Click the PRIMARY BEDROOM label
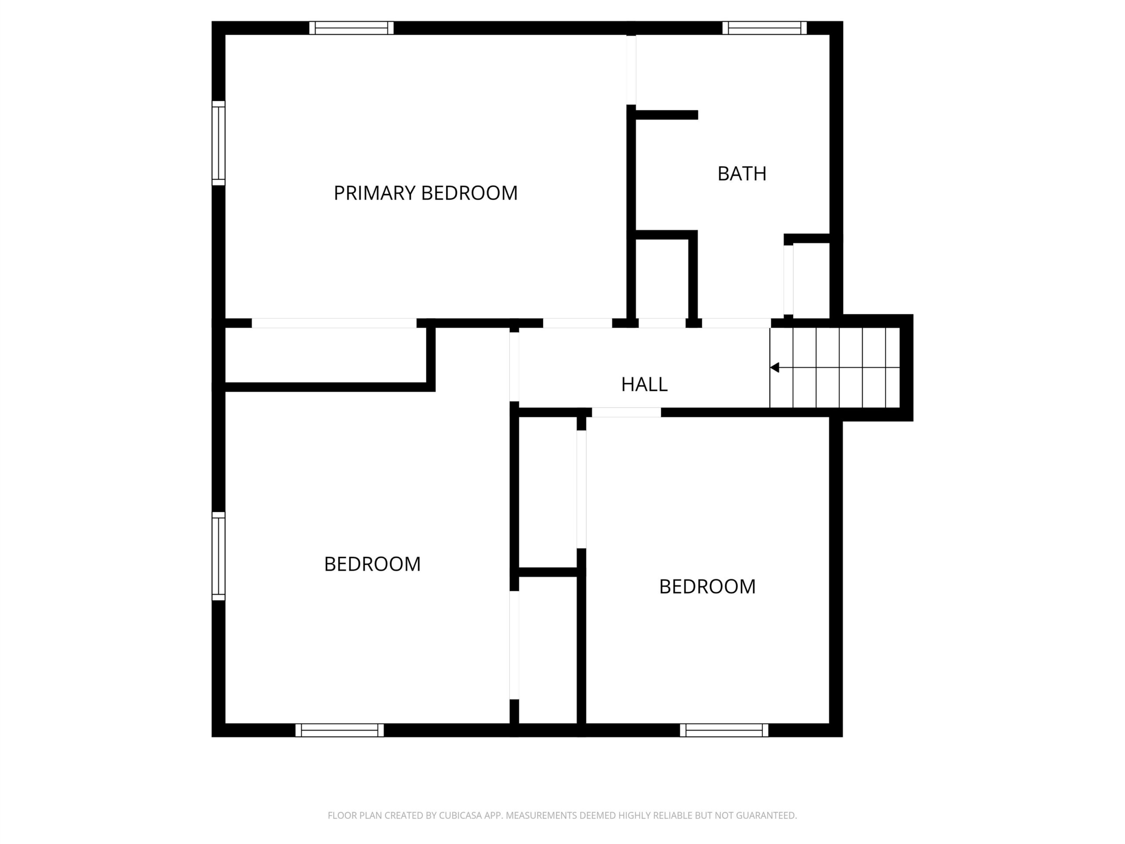(x=425, y=193)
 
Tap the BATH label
(x=741, y=174)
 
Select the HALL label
(x=644, y=385)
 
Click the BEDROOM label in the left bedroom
(x=372, y=564)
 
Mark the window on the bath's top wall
(x=764, y=28)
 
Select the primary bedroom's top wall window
(x=352, y=28)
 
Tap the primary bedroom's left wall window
(x=218, y=143)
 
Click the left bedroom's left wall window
(x=218, y=556)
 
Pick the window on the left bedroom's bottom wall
(x=340, y=730)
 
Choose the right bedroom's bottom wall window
(x=724, y=730)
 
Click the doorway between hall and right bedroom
(x=627, y=413)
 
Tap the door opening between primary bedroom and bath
(x=631, y=70)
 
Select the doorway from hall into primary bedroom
(x=577, y=323)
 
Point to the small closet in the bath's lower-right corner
(x=811, y=279)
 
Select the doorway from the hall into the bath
(x=737, y=323)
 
